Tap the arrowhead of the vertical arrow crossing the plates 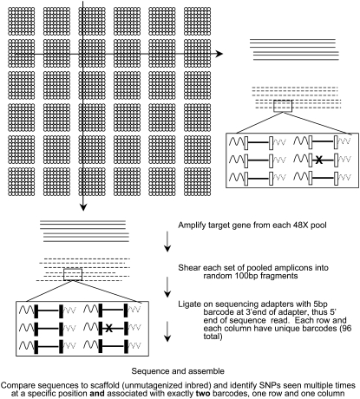click(x=84, y=206)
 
